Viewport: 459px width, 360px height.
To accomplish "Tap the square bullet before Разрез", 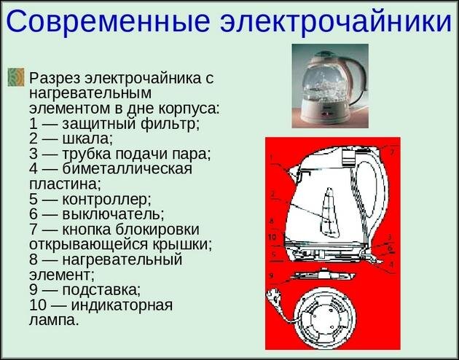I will pos(16,77).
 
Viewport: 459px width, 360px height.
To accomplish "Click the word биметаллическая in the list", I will pos(121,169).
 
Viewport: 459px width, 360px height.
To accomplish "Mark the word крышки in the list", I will pos(185,244).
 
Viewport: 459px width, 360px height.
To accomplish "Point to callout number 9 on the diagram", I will pos(270,275).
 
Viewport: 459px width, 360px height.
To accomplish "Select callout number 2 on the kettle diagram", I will pos(272,194).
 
